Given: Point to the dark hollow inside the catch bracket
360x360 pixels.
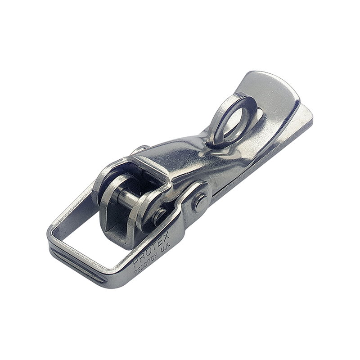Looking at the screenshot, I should (x=115, y=225).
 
